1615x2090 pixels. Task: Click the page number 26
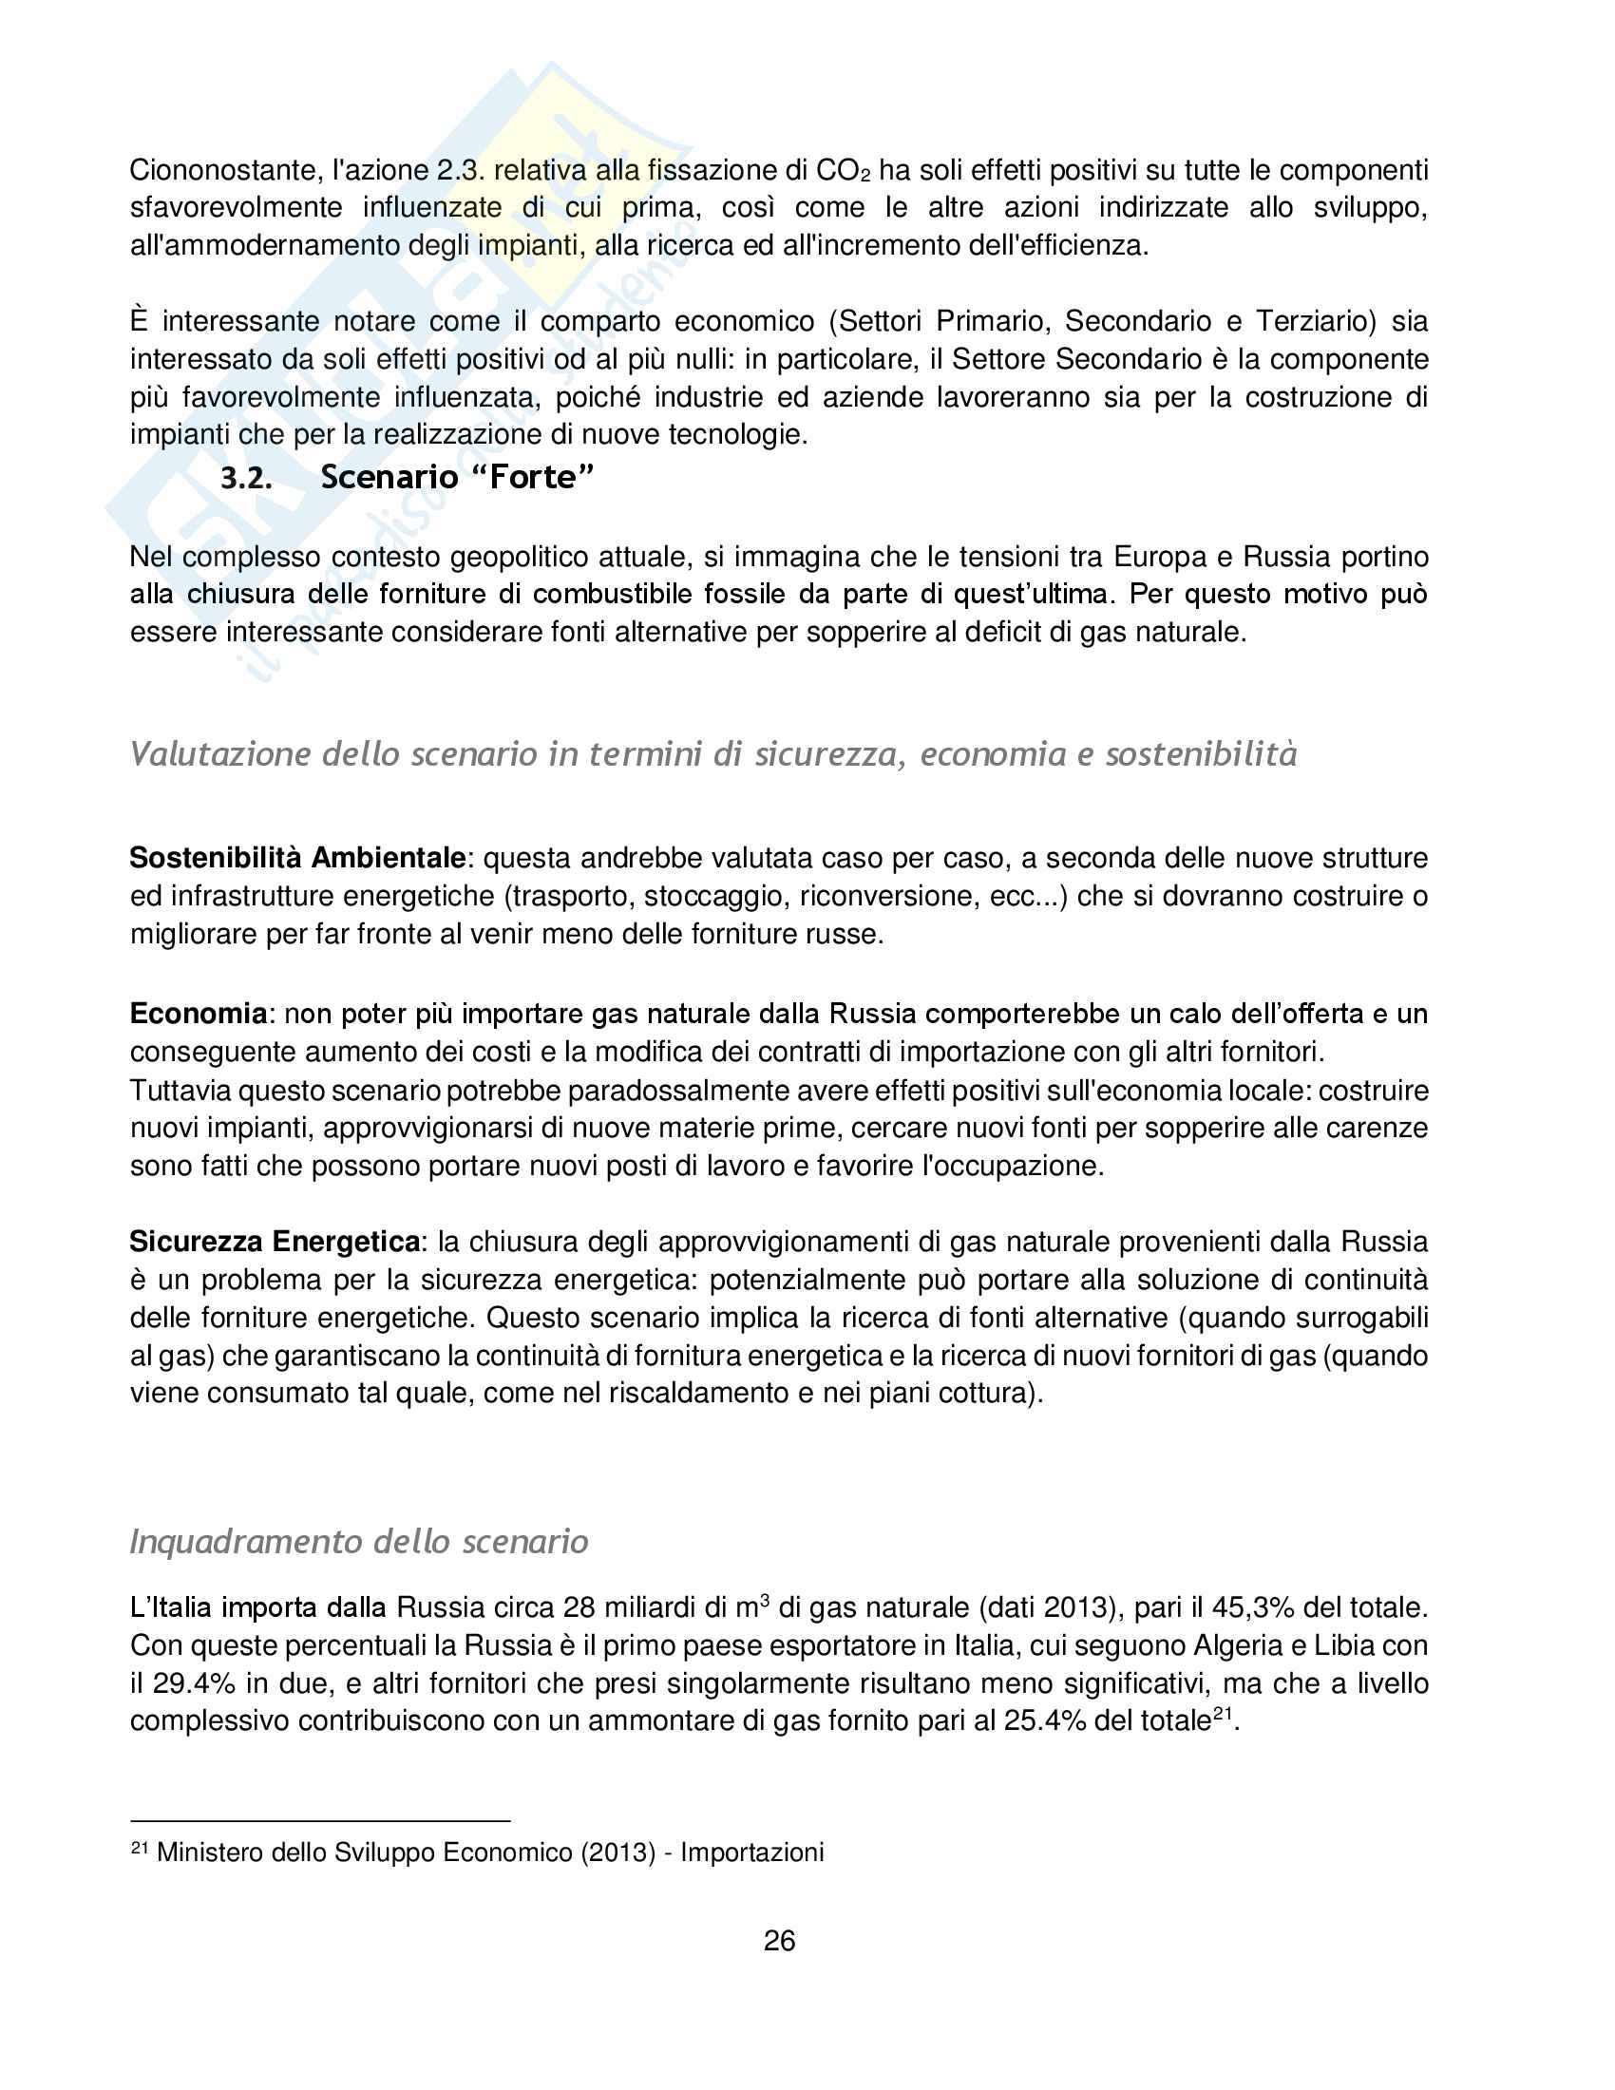click(x=779, y=1941)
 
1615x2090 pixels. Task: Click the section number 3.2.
click(x=246, y=478)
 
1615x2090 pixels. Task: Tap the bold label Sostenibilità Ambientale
click(x=297, y=858)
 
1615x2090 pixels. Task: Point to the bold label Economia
click(x=198, y=1014)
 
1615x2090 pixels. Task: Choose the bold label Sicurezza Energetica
click(x=275, y=1243)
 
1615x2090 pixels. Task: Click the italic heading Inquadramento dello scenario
click(x=359, y=1542)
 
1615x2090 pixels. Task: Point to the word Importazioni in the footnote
click(x=752, y=1852)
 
